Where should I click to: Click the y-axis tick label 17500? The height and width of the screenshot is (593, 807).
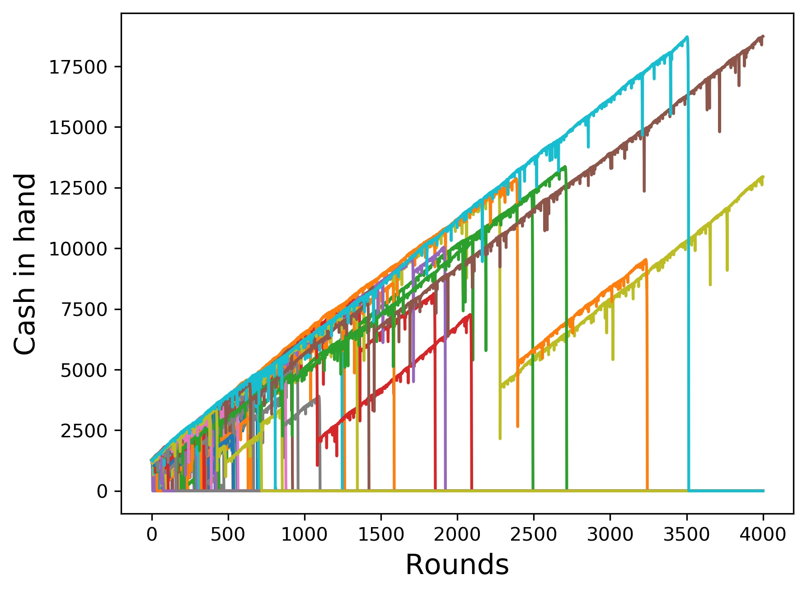tap(78, 67)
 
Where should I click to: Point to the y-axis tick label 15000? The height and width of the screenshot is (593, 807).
tap(78, 128)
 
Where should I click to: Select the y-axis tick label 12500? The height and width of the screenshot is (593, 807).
tap(78, 188)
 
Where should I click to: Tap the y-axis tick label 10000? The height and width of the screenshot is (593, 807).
tap(78, 249)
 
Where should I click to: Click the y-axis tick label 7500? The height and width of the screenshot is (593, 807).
tap(84, 310)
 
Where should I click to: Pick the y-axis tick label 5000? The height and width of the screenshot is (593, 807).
tap(84, 370)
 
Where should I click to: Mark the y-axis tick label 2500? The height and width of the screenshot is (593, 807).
tap(84, 431)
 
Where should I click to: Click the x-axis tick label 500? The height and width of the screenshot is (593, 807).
tap(228, 535)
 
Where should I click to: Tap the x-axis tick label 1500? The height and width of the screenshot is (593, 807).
tap(381, 535)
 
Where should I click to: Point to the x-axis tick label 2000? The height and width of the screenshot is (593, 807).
tap(457, 535)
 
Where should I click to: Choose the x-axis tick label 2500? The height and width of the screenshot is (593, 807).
tap(534, 535)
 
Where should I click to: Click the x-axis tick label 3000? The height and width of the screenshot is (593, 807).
tap(610, 535)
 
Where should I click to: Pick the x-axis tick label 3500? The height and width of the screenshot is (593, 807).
tap(686, 535)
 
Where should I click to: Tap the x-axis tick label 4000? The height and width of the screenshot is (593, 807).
tap(763, 535)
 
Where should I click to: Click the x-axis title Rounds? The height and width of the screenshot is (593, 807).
tap(457, 565)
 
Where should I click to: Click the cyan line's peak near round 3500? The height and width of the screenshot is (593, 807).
tap(687, 37)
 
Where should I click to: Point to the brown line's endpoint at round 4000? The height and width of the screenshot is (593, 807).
tap(763, 36)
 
